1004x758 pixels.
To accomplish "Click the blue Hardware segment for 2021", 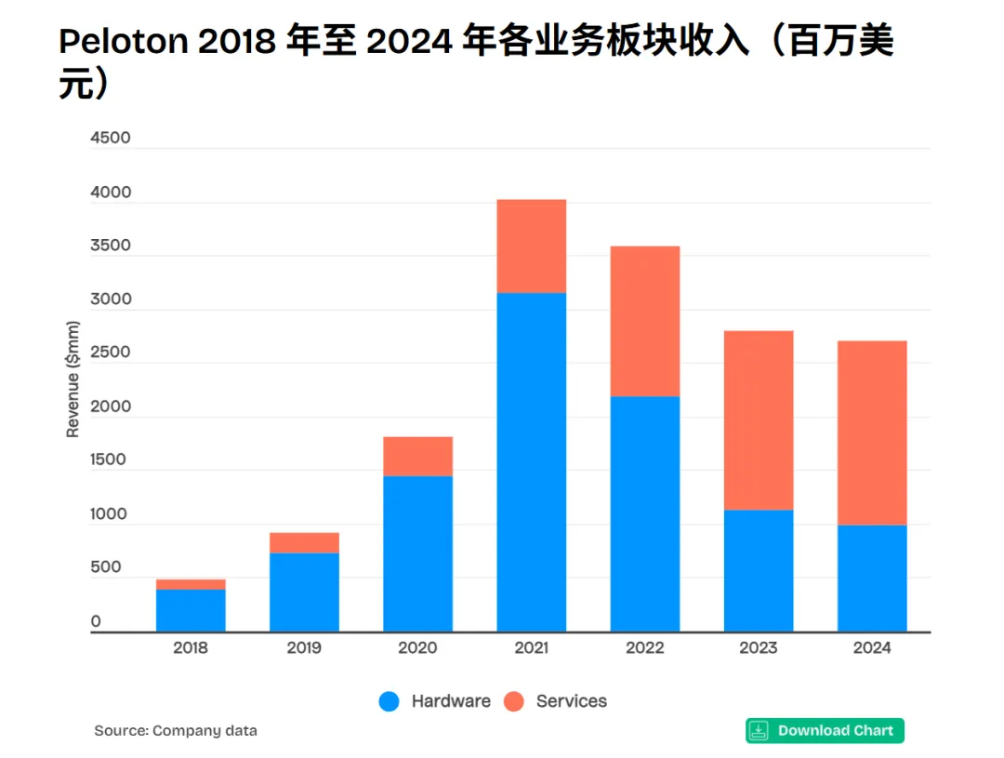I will [531, 462].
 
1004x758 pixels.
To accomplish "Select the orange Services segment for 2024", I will [871, 432].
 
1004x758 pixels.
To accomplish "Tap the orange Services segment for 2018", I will [191, 584].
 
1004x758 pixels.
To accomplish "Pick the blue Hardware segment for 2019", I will [304, 592].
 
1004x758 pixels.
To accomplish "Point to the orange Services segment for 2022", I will [644, 321].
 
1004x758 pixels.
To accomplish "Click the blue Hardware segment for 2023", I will [758, 570].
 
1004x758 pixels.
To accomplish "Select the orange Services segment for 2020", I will [417, 456].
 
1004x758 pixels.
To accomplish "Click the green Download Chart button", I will [825, 730].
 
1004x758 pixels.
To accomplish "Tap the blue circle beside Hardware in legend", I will [390, 701].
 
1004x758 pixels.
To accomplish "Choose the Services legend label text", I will [571, 701].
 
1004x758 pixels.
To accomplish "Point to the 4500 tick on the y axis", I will [111, 139].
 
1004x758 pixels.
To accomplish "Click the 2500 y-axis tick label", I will [111, 353].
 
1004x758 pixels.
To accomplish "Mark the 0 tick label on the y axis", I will [96, 621].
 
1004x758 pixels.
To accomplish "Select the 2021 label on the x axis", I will [531, 648].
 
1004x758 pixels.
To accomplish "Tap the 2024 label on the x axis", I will [871, 648].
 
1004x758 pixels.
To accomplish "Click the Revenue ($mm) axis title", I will [73, 379].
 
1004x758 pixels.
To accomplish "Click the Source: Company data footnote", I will [176, 731].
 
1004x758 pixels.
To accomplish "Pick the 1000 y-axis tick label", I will [111, 514].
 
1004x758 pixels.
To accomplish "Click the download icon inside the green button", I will [760, 730].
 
